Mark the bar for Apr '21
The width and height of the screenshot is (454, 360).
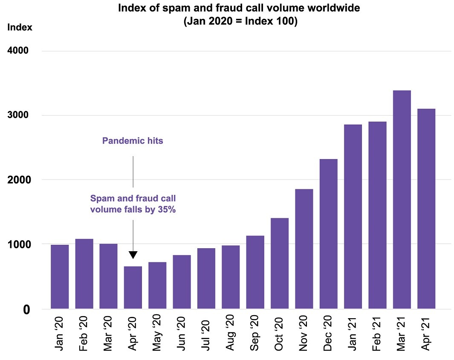pyautogui.click(x=426, y=209)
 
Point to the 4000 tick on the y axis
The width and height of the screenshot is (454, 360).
pyautogui.click(x=17, y=51)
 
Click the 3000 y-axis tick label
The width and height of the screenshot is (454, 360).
pyautogui.click(x=17, y=116)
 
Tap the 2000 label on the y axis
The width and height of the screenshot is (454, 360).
pyautogui.click(x=17, y=180)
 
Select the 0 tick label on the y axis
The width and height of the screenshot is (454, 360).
pyautogui.click(x=26, y=309)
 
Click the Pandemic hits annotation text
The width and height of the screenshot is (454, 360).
pyautogui.click(x=133, y=141)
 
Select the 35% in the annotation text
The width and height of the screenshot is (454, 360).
pyautogui.click(x=166, y=209)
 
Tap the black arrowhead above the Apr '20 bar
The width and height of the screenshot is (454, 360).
pyautogui.click(x=133, y=255)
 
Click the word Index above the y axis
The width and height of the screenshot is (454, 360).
pyautogui.click(x=20, y=27)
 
